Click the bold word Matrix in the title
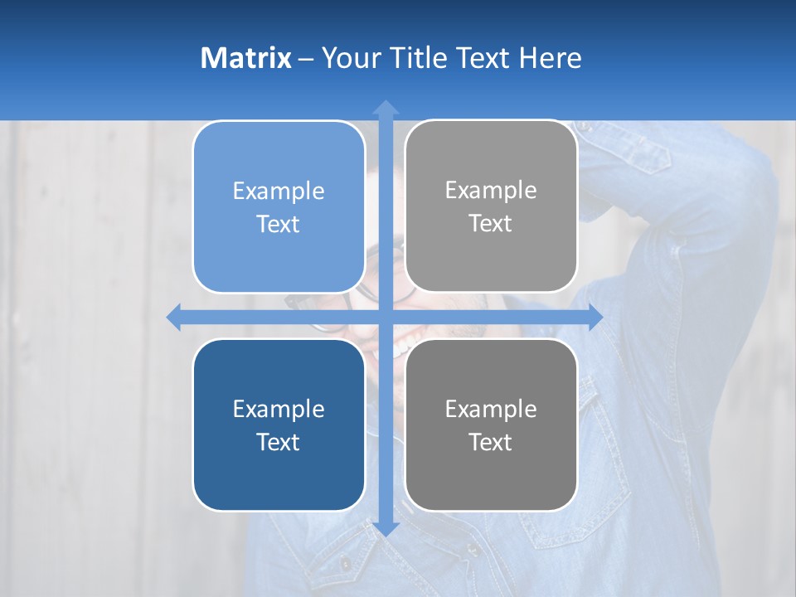pyautogui.click(x=245, y=58)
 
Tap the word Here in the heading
pyautogui.click(x=550, y=58)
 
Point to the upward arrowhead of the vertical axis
pyautogui.click(x=386, y=107)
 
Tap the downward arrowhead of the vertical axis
pyautogui.click(x=386, y=528)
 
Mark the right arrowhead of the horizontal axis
pyautogui.click(x=595, y=317)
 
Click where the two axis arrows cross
pyautogui.click(x=386, y=317)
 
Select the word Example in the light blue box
pyautogui.click(x=279, y=192)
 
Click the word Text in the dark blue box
pyautogui.click(x=279, y=442)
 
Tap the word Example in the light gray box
pyautogui.click(x=491, y=191)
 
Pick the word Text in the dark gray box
pyautogui.click(x=491, y=442)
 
